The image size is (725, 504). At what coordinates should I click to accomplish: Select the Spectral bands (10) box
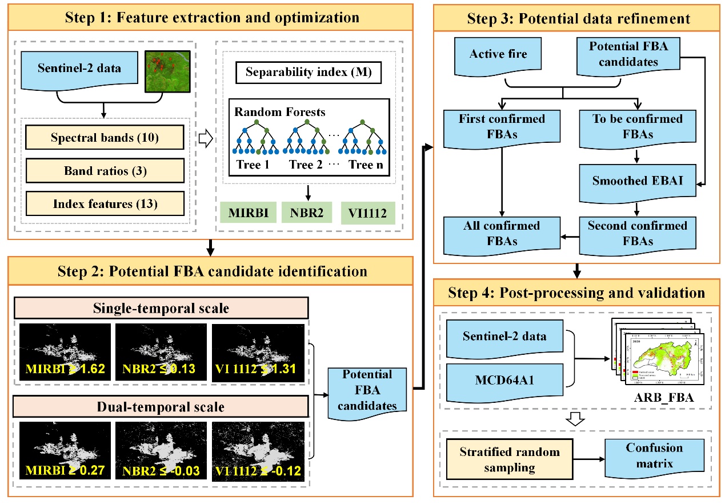point(105,138)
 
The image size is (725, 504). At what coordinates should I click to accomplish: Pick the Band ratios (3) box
point(105,170)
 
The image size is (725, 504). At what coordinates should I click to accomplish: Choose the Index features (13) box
point(105,203)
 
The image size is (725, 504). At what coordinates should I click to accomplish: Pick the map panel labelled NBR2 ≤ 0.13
point(161,351)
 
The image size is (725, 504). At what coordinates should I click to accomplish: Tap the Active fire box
point(498,55)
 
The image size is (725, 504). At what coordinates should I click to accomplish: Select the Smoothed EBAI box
point(638,182)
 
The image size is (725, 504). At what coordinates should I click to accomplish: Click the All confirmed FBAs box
point(502,234)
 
